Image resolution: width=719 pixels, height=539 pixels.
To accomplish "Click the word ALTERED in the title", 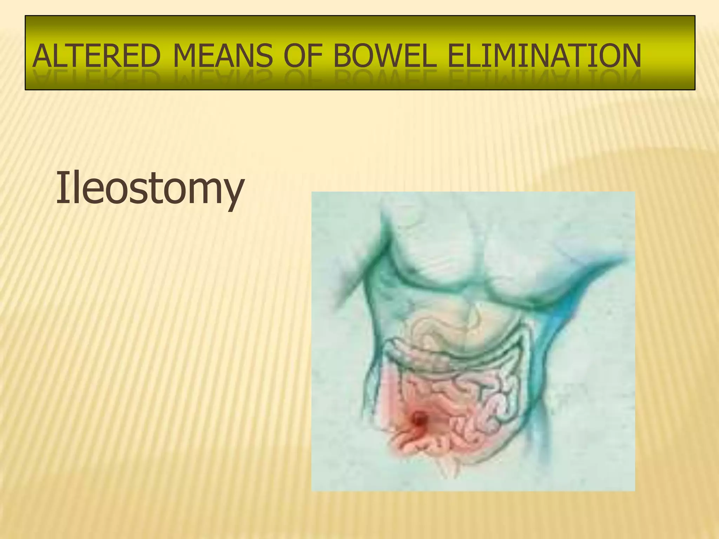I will (96, 56).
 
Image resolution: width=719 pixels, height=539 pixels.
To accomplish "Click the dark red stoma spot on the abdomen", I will (419, 418).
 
